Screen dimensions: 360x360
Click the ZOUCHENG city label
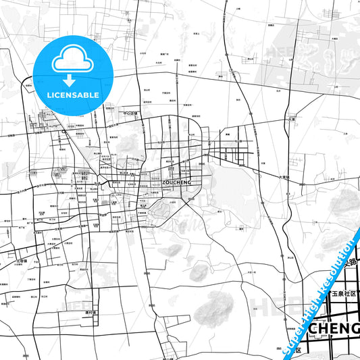[x=178, y=182]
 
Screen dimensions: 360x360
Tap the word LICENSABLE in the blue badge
[x=72, y=95]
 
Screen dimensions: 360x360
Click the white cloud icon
[x=72, y=61]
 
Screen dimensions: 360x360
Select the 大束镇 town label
[x=284, y=177]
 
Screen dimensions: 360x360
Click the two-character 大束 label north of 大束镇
[x=292, y=119]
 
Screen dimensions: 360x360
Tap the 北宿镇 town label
[x=22, y=260]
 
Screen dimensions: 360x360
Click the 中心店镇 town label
[x=130, y=113]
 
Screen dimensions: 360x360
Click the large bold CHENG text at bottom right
[x=334, y=328]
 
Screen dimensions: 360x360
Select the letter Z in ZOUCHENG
[x=165, y=182]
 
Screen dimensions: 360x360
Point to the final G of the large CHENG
[x=354, y=328]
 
